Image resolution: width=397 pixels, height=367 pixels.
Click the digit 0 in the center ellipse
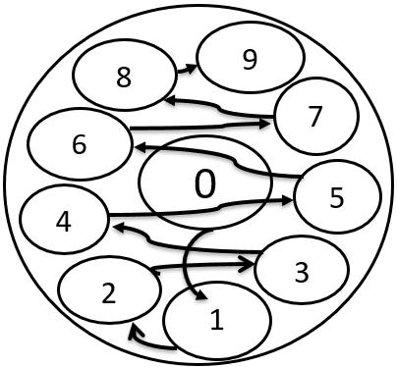pos(205,184)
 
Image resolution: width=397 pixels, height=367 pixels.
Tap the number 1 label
pos(217,320)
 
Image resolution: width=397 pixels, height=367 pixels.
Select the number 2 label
pos(109,293)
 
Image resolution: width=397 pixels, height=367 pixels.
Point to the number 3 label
pos(302,272)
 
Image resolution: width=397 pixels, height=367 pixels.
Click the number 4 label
pos(64,222)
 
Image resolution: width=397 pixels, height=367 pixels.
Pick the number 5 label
pos(337,198)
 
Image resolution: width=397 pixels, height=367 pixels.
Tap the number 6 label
pos(80,144)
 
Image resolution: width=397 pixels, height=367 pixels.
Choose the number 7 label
pos(314,117)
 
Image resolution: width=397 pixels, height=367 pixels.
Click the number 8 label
pos(124,78)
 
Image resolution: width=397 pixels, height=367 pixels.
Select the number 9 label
pos(250,60)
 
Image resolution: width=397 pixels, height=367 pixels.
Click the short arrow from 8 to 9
pos(187,69)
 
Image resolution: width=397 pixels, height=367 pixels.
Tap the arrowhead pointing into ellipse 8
pos(171,101)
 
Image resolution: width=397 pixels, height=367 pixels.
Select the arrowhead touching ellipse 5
pos(286,200)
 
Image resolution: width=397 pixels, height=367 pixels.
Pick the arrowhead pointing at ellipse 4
pos(118,228)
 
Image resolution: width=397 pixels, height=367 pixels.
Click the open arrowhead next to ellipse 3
pos(248,264)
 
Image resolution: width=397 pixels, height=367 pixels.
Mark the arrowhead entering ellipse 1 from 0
pos(203,294)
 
